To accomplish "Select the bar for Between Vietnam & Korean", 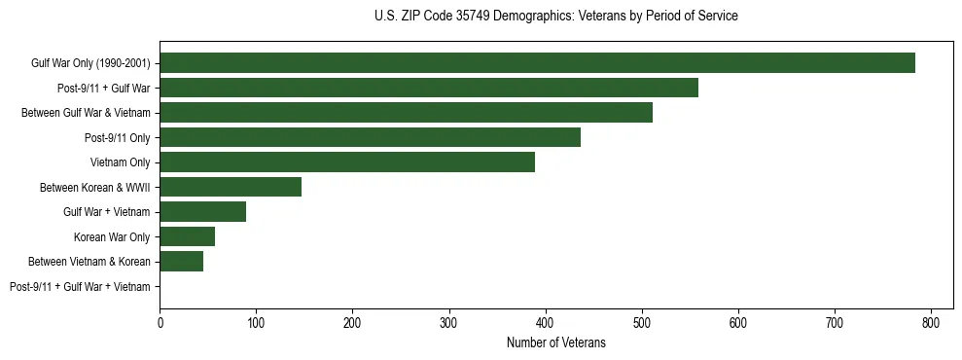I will (x=181, y=262).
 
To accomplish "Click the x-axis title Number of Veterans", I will (x=555, y=342).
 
